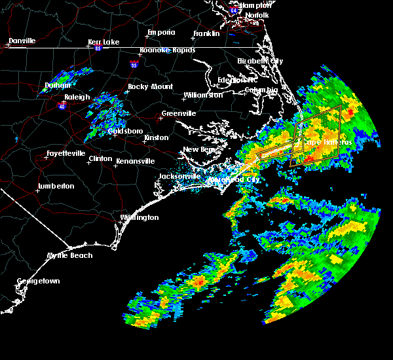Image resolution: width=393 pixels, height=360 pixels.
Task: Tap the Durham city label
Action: coord(57,85)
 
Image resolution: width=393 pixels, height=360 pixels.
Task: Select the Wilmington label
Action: coord(140,217)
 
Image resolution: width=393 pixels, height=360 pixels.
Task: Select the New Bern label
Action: coord(199,149)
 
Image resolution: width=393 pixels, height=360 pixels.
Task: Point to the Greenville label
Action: coord(179,113)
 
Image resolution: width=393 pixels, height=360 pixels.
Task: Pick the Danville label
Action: coord(22,41)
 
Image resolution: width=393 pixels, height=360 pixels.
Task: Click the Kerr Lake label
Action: coord(103,42)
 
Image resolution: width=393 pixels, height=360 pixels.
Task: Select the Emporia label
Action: coord(161,32)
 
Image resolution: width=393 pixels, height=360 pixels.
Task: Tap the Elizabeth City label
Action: coord(260,61)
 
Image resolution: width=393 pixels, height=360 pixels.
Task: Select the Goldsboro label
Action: coord(125,131)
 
